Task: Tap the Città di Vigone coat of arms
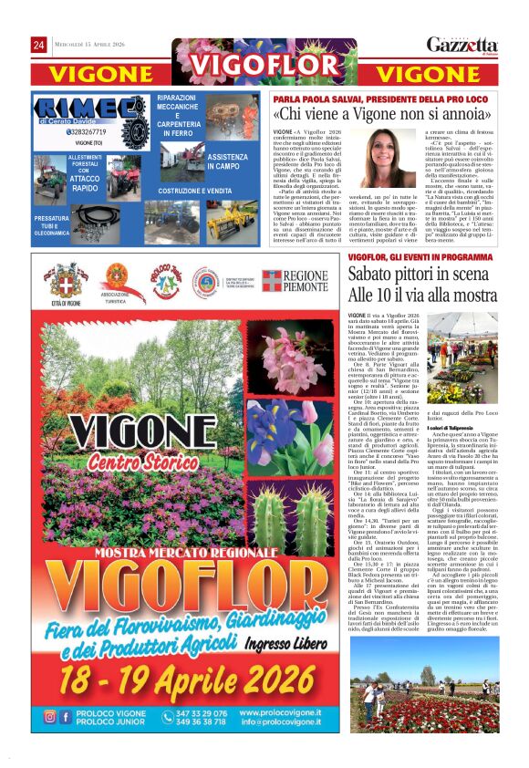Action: click(x=67, y=280)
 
